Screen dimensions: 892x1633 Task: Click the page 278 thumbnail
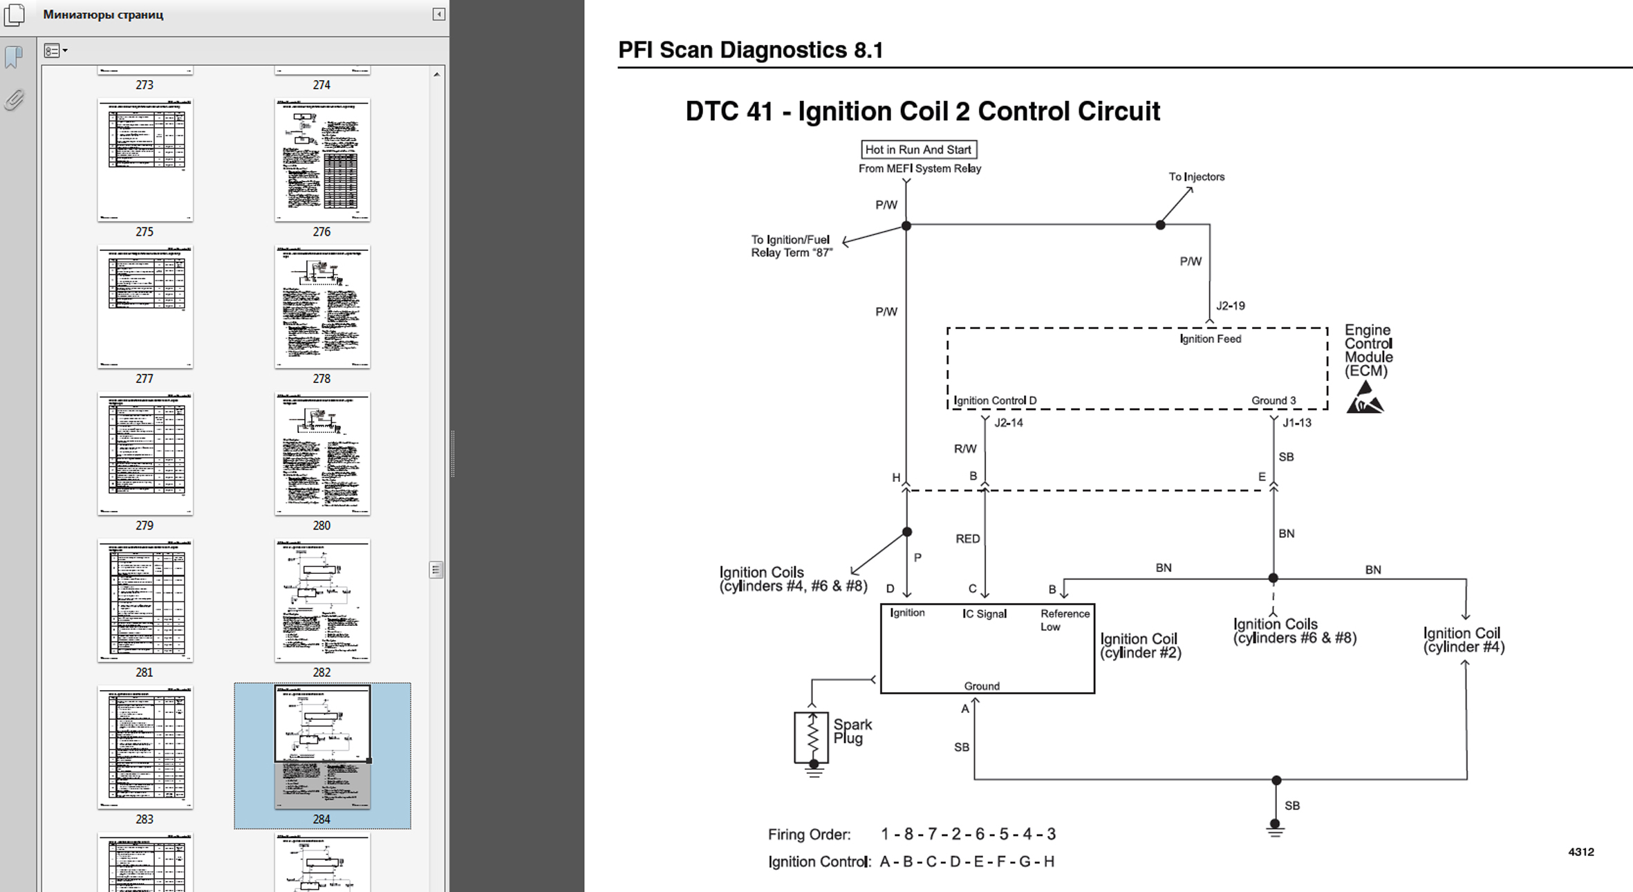[322, 307]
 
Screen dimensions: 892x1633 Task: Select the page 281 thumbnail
[145, 600]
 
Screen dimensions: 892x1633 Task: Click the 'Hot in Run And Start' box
[918, 149]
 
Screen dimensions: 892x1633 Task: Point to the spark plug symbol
[812, 738]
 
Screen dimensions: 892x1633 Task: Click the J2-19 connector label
[1231, 306]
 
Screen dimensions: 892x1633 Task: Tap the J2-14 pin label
[1008, 422]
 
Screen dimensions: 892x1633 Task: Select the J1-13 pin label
[1296, 422]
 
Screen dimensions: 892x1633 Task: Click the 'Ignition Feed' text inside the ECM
[1210, 339]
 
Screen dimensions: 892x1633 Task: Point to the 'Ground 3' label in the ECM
[1273, 400]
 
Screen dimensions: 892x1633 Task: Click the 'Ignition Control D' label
[995, 400]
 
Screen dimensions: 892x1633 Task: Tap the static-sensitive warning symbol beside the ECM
[1365, 399]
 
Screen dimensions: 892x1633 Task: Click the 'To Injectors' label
[1196, 177]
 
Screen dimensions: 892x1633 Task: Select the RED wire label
[967, 539]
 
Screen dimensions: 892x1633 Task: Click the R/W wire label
[965, 449]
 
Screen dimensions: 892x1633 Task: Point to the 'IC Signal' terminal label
[985, 613]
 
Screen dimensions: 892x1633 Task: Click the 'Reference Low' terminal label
[1064, 620]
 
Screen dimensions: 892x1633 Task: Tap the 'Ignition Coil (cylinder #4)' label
[1464, 640]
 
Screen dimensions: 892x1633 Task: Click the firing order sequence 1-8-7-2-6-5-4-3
[968, 834]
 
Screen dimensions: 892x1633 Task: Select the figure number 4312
[1580, 852]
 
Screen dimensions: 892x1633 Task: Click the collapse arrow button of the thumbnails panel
[438, 14]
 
